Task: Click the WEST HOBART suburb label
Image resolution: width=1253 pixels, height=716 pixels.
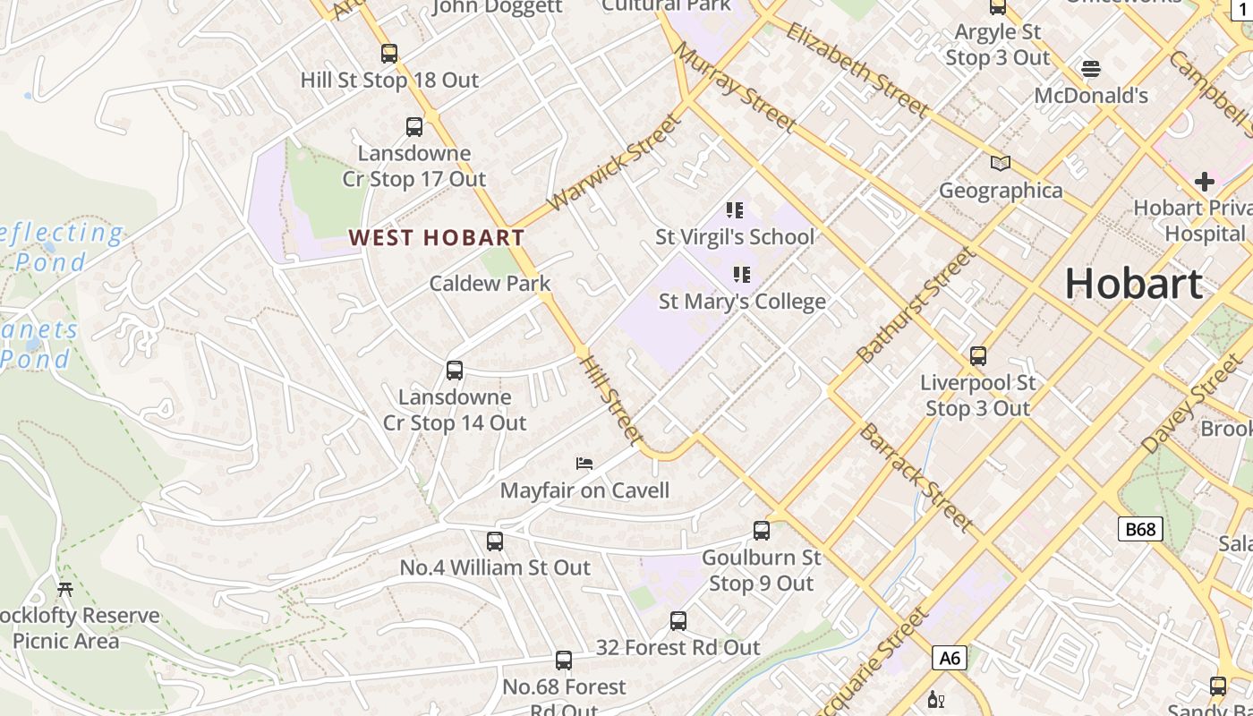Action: [x=436, y=237]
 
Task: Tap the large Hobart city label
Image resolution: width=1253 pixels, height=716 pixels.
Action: [x=1133, y=284]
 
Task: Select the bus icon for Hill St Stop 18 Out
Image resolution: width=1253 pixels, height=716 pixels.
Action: [x=389, y=54]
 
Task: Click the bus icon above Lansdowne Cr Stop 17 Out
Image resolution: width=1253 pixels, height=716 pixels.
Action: [x=414, y=127]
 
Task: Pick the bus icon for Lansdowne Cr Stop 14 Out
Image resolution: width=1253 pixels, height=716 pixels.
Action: [x=455, y=371]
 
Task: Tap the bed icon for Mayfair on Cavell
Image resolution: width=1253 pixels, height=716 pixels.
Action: [x=584, y=464]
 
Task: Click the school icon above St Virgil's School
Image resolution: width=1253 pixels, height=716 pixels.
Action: [x=735, y=210]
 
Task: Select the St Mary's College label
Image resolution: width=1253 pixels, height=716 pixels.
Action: [x=742, y=302]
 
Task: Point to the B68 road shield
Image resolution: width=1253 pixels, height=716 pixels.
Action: [x=1139, y=529]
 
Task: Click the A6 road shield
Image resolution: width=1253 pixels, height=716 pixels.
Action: [x=950, y=659]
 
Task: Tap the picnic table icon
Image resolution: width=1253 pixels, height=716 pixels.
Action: [x=65, y=589]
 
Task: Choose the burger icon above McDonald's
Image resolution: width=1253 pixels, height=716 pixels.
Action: [x=1090, y=69]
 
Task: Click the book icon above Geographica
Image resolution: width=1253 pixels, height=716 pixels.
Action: [x=1000, y=164]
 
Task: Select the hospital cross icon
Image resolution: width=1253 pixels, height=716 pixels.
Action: [x=1205, y=182]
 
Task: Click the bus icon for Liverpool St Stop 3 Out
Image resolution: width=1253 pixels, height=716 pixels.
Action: [x=978, y=356]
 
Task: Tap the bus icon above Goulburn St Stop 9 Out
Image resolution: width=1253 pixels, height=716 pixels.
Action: [x=762, y=531]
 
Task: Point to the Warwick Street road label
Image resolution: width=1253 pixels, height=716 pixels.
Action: [x=613, y=163]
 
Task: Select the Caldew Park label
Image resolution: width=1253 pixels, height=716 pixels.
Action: [x=490, y=284]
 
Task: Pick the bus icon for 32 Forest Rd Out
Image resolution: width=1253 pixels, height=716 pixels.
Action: [x=678, y=621]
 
